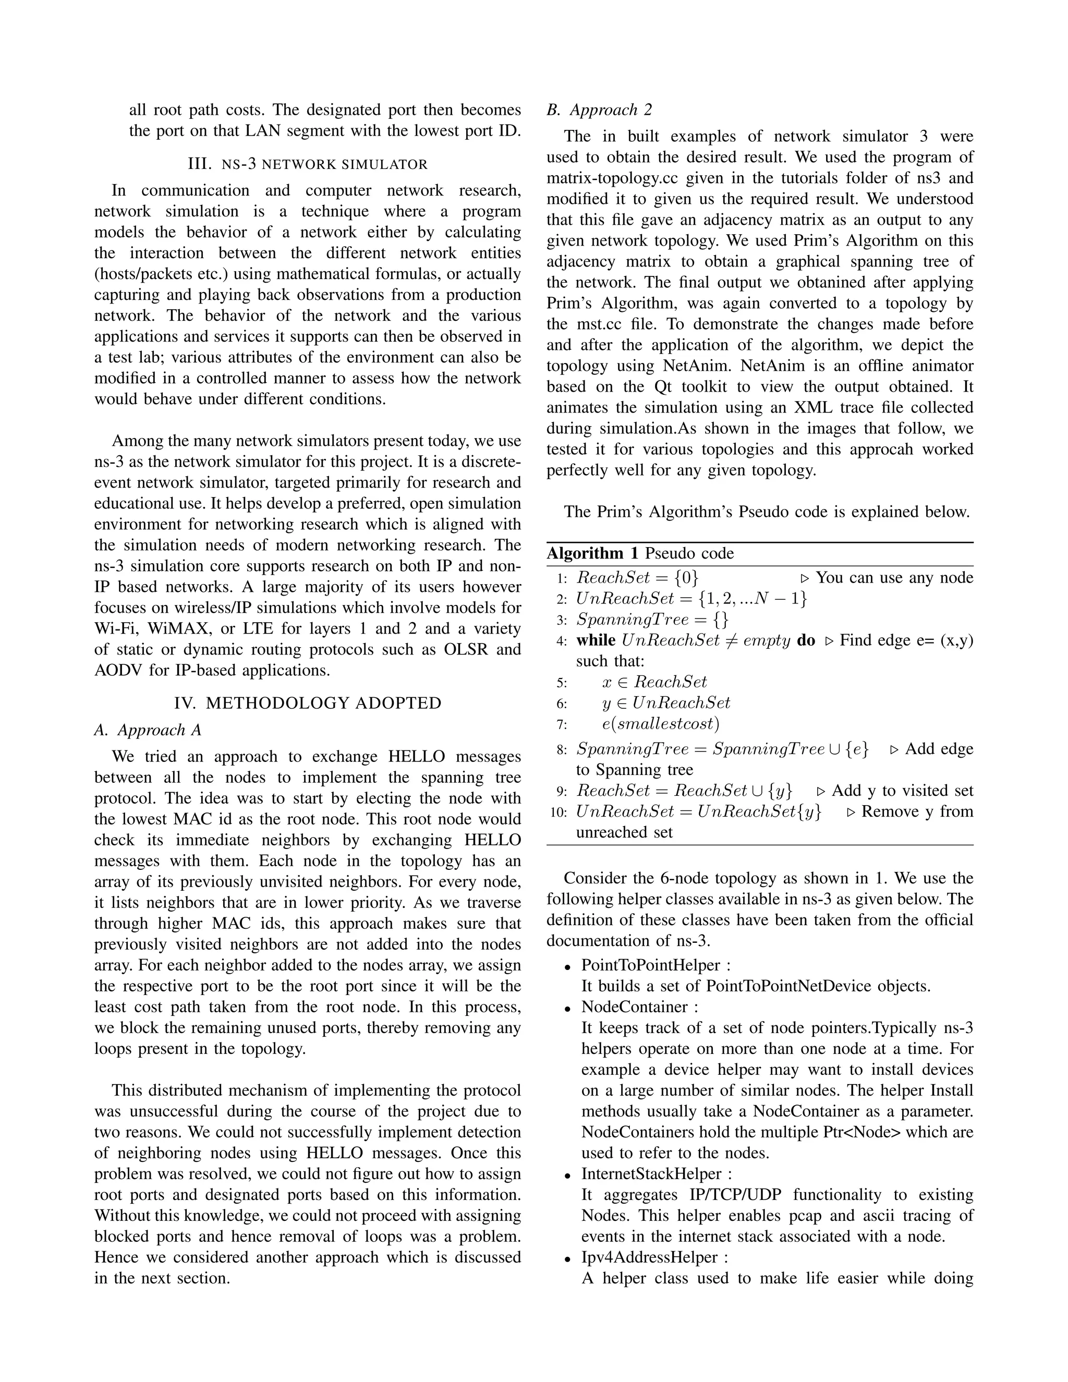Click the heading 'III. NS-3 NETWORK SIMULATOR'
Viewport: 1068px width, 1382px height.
coord(308,164)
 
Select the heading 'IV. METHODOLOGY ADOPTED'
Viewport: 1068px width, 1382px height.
coord(308,703)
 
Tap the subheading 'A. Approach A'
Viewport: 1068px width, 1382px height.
coord(148,730)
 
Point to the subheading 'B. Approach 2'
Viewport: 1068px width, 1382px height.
coord(599,110)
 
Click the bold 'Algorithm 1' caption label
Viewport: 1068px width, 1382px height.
coord(593,554)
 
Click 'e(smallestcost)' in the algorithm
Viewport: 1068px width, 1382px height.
coord(661,723)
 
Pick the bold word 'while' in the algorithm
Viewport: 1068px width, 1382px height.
coord(596,640)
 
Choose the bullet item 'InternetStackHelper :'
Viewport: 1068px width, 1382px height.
coord(657,1174)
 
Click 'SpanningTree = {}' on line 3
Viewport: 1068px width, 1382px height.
coord(652,620)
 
